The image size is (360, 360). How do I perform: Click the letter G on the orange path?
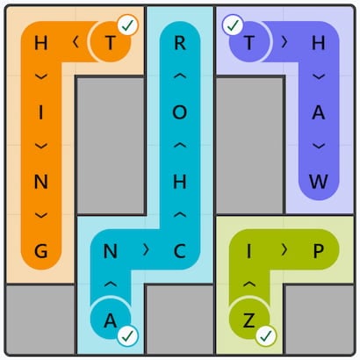point(41,251)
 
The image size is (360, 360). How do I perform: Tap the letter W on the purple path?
point(319,182)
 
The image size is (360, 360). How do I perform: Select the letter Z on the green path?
point(248,320)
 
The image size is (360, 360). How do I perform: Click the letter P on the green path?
point(319,251)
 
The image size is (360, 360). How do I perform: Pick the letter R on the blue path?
point(180,43)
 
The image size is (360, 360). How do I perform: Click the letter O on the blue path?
point(180,112)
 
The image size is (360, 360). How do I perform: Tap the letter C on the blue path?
point(180,251)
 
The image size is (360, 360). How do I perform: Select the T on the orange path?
point(111,43)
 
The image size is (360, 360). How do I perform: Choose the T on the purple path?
point(249,43)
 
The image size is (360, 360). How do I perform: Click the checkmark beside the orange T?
point(128,25)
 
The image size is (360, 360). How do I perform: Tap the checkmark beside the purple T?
point(233,25)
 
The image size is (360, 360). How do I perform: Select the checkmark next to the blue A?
point(128,336)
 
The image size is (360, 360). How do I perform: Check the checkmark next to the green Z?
point(266,336)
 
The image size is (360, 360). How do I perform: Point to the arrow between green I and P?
point(284,250)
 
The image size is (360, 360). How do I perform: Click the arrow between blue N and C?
point(146,250)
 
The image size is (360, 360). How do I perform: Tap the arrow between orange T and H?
point(76,42)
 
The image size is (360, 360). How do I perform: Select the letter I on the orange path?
point(41,112)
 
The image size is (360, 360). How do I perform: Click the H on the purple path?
point(319,43)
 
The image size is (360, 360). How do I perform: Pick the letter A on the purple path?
point(319,112)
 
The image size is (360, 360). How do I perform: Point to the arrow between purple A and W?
point(319,146)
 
